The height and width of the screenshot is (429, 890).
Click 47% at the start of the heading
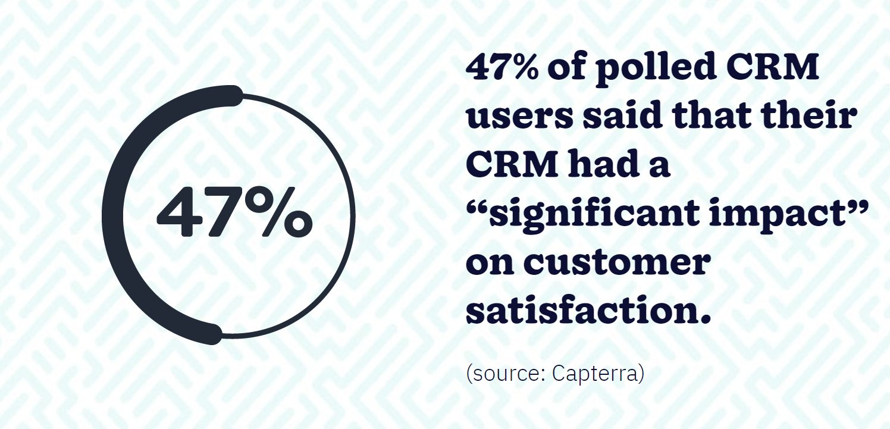tap(504, 70)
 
